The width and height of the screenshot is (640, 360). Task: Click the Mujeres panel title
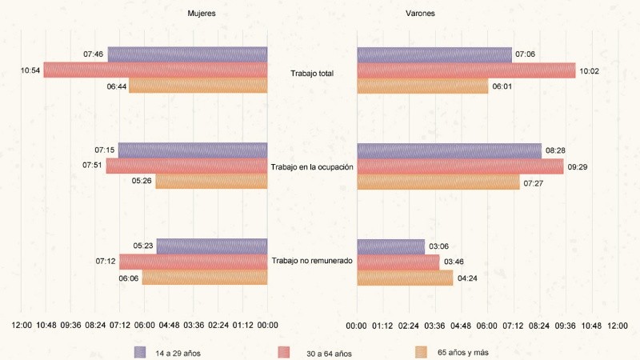click(201, 14)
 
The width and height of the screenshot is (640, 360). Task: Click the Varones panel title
click(421, 14)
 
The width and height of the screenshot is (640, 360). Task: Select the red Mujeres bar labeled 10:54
click(155, 70)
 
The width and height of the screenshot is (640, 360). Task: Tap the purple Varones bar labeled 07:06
click(434, 54)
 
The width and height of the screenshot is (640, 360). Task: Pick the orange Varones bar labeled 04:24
click(405, 278)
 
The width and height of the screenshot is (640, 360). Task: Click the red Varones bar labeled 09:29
click(460, 166)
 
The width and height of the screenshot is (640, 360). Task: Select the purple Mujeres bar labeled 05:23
click(212, 246)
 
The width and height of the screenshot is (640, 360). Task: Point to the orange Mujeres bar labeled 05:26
click(211, 182)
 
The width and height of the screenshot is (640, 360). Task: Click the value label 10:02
click(590, 70)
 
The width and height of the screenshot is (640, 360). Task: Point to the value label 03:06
click(438, 246)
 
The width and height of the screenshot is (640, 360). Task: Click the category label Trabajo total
click(312, 74)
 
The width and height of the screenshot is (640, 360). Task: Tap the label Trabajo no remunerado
click(312, 261)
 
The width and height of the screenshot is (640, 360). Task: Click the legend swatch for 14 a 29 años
click(140, 351)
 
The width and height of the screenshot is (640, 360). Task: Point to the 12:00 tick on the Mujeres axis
click(22, 326)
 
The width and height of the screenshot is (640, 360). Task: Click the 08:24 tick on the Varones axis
click(539, 326)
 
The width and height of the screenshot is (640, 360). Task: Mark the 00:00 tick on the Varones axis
click(357, 326)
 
